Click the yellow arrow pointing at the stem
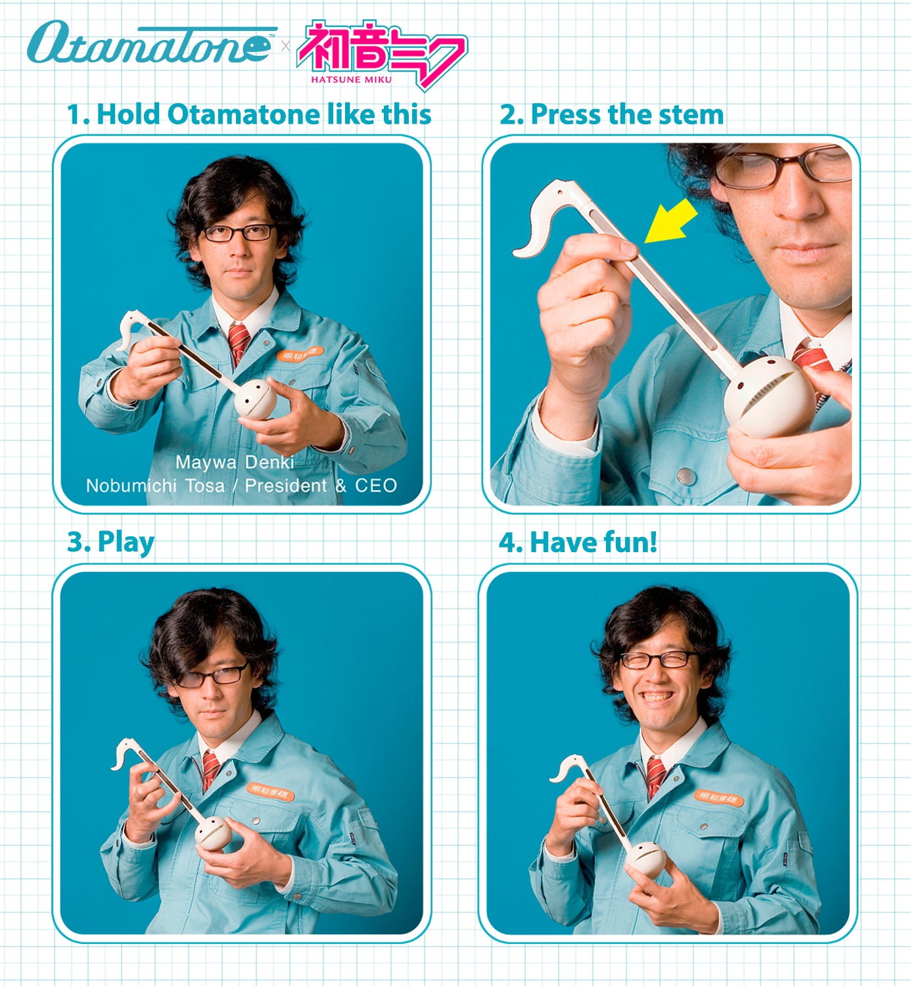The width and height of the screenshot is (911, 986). pyautogui.click(x=672, y=220)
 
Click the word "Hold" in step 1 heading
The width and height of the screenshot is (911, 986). pyautogui.click(x=128, y=114)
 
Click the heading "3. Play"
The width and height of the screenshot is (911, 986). pyautogui.click(x=110, y=543)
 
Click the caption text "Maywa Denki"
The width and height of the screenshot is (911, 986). pyautogui.click(x=235, y=462)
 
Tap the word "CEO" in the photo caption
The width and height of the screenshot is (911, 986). pyautogui.click(x=376, y=486)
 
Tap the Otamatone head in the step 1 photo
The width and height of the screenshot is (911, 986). pyautogui.click(x=256, y=399)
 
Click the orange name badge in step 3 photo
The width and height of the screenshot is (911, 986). pyautogui.click(x=270, y=791)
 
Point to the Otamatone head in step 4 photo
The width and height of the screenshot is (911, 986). pyautogui.click(x=645, y=858)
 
